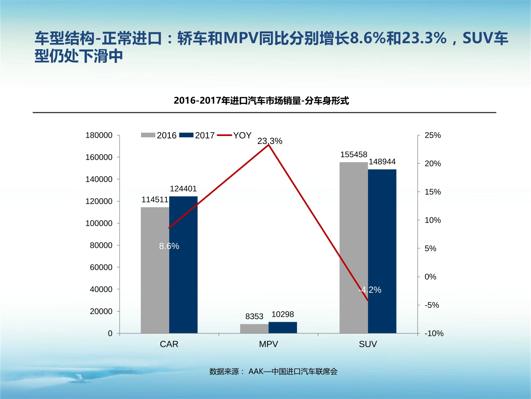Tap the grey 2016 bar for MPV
coord(254,329)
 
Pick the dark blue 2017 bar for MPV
coord(283,328)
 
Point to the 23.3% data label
coord(269,141)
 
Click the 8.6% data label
coord(169,246)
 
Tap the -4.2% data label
coord(370,290)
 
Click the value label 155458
coord(353,155)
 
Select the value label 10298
coord(283,314)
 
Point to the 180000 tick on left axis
coord(99,135)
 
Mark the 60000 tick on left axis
coord(101,267)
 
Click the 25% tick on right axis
coord(432,135)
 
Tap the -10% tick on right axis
coord(434,333)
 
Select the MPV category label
coord(268,344)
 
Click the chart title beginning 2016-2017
coord(261,100)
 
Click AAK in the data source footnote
coord(256,371)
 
